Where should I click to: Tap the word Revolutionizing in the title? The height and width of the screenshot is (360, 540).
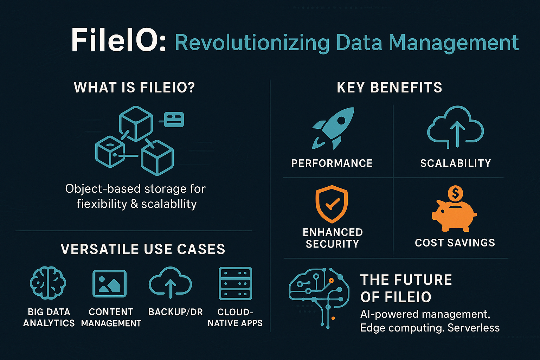click(252, 43)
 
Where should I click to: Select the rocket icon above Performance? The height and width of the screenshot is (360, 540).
click(333, 128)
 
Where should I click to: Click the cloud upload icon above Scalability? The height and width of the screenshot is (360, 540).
click(455, 127)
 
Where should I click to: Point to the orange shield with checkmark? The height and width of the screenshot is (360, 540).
click(332, 204)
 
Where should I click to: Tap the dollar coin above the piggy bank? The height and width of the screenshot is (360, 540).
click(455, 193)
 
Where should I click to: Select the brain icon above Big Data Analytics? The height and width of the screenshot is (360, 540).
click(48, 283)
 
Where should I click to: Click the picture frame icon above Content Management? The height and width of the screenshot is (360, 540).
click(110, 284)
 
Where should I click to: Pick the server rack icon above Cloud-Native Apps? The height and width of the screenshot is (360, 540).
click(235, 283)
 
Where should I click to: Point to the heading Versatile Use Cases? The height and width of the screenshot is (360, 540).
click(143, 249)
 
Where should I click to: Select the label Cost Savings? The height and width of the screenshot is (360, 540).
click(455, 243)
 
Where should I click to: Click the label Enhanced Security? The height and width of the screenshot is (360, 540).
click(333, 238)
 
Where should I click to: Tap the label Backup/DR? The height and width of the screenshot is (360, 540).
click(175, 312)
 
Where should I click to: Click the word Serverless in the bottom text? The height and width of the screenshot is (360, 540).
click(474, 328)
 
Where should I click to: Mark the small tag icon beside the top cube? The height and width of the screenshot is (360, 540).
click(174, 120)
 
